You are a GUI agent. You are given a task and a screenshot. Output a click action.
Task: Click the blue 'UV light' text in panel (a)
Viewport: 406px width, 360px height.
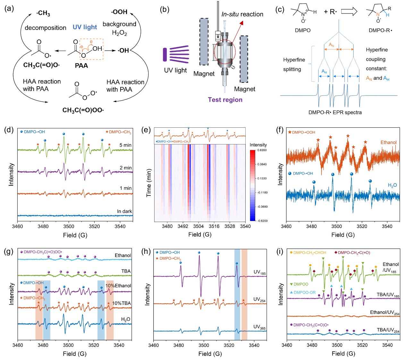(x=85, y=27)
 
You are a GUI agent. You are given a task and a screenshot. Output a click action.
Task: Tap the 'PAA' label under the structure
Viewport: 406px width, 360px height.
(x=81, y=65)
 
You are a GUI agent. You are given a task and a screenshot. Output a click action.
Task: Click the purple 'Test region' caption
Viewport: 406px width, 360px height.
(x=225, y=100)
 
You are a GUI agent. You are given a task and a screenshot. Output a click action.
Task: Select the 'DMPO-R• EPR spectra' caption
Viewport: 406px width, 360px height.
(x=335, y=112)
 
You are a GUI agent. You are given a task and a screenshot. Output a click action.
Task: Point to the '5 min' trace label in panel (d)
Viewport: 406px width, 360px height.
(x=125, y=145)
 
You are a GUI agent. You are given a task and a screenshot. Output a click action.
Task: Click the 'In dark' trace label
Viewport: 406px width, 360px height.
(x=124, y=211)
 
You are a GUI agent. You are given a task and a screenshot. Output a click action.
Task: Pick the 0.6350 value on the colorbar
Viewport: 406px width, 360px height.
(x=262, y=150)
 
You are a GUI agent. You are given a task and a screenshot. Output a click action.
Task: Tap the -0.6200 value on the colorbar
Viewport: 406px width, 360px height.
(x=262, y=221)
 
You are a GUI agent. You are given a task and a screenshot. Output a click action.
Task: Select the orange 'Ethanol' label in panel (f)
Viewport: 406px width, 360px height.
(x=388, y=142)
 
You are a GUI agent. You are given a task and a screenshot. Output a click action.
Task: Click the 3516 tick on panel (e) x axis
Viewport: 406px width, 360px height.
(x=214, y=226)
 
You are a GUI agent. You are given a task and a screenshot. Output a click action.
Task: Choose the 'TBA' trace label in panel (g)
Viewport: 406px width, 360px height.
(x=126, y=271)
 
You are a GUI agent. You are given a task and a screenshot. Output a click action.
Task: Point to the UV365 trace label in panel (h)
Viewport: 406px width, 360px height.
(x=259, y=327)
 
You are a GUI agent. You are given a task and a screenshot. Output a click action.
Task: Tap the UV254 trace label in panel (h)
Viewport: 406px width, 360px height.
(x=259, y=299)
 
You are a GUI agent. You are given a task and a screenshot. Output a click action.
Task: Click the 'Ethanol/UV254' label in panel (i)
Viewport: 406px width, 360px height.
(x=385, y=313)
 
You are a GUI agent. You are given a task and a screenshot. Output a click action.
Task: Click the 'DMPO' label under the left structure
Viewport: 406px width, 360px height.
(x=303, y=30)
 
